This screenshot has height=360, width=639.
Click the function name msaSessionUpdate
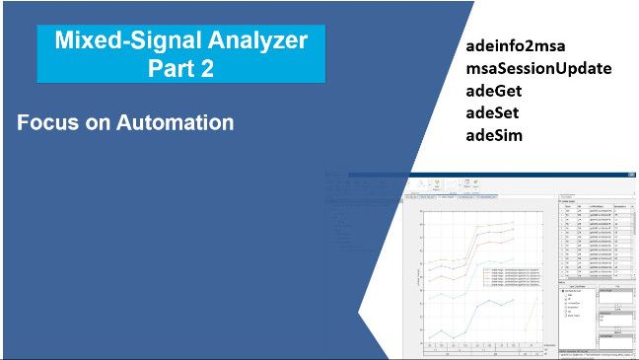pos(538,69)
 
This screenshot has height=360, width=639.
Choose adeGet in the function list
pos(492,91)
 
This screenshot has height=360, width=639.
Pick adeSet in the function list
pos(492,112)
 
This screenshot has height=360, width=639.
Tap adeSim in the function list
pos(494,134)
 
